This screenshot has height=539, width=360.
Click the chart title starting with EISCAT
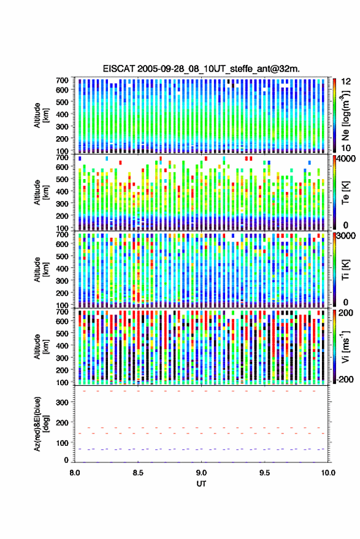[x=201, y=69]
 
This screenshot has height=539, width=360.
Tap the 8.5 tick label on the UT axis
[x=138, y=473]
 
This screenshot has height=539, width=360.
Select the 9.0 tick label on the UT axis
[x=201, y=473]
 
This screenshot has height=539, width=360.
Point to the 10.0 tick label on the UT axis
[x=328, y=473]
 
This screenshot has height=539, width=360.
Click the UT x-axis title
[x=201, y=484]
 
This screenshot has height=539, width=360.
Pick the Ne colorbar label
[x=345, y=115]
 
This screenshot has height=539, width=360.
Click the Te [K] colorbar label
[x=345, y=193]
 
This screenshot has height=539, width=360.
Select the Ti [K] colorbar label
[x=345, y=270]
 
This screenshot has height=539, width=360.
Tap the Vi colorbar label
[x=345, y=346]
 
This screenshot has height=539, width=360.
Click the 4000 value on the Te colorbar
[x=347, y=159]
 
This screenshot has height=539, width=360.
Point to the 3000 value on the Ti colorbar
[x=347, y=236]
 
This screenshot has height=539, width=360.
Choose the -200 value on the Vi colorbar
[x=344, y=379]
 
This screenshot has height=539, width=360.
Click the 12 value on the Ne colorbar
[x=347, y=81]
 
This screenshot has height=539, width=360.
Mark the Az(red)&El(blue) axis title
[x=41, y=424]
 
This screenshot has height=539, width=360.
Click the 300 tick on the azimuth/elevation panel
[x=62, y=402]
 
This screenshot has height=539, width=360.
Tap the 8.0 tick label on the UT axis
[x=75, y=473]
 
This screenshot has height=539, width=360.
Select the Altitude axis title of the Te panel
[x=41, y=192]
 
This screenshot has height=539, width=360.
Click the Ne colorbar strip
[x=334, y=115]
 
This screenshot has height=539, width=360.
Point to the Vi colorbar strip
[x=334, y=347]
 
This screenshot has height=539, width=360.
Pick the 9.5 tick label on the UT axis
[x=264, y=473]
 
